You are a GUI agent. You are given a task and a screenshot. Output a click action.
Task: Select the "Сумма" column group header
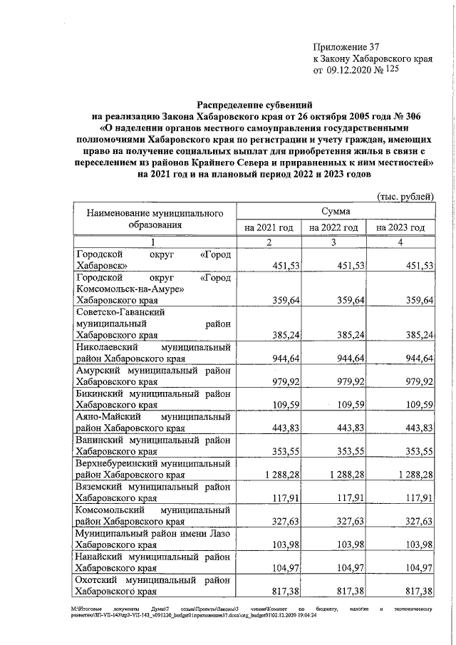[335, 212]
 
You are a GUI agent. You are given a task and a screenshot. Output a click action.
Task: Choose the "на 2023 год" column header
[400, 227]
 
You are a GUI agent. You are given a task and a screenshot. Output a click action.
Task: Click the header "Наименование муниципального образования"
[155, 219]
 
